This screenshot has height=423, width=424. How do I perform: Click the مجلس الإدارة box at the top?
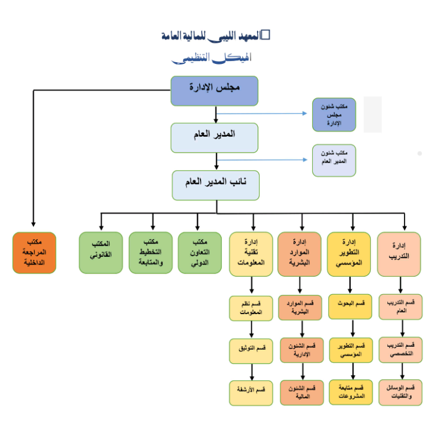coord(214,91)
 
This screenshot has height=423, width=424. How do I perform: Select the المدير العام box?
coord(214,137)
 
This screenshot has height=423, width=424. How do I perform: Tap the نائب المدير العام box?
coord(215,185)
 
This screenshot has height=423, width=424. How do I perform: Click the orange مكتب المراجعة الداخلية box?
coord(34,253)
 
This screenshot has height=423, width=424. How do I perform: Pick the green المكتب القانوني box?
coord(101,253)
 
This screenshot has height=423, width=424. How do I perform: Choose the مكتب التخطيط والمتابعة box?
coord(151,253)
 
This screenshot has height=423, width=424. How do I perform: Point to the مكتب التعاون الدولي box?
coord(200,253)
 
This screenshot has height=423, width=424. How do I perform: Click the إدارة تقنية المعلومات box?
coord(251,253)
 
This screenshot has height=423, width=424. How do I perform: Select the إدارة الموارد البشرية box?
coord(300,253)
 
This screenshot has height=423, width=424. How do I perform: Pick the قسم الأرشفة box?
coord(251,392)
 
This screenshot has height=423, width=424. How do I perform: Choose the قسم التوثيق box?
coord(251,350)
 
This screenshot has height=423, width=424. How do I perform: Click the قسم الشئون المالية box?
coord(302,392)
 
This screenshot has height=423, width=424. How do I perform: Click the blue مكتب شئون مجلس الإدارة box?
coord(334,114)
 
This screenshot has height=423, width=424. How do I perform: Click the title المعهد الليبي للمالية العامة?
coord(215,36)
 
